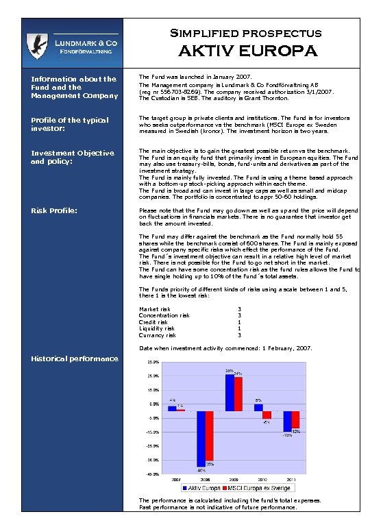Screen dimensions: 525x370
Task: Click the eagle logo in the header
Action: click(x=36, y=47)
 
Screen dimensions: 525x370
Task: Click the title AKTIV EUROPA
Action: click(x=248, y=51)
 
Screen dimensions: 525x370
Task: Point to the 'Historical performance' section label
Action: click(x=75, y=358)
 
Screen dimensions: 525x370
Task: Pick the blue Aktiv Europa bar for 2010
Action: click(x=258, y=407)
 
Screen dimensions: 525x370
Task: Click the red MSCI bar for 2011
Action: click(x=295, y=419)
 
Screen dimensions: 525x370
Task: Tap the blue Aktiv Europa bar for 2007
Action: click(x=172, y=408)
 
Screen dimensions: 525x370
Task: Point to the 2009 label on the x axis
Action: click(x=234, y=479)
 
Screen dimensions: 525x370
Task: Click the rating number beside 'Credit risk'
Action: click(x=239, y=322)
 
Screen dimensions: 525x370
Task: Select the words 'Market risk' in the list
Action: click(x=154, y=309)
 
